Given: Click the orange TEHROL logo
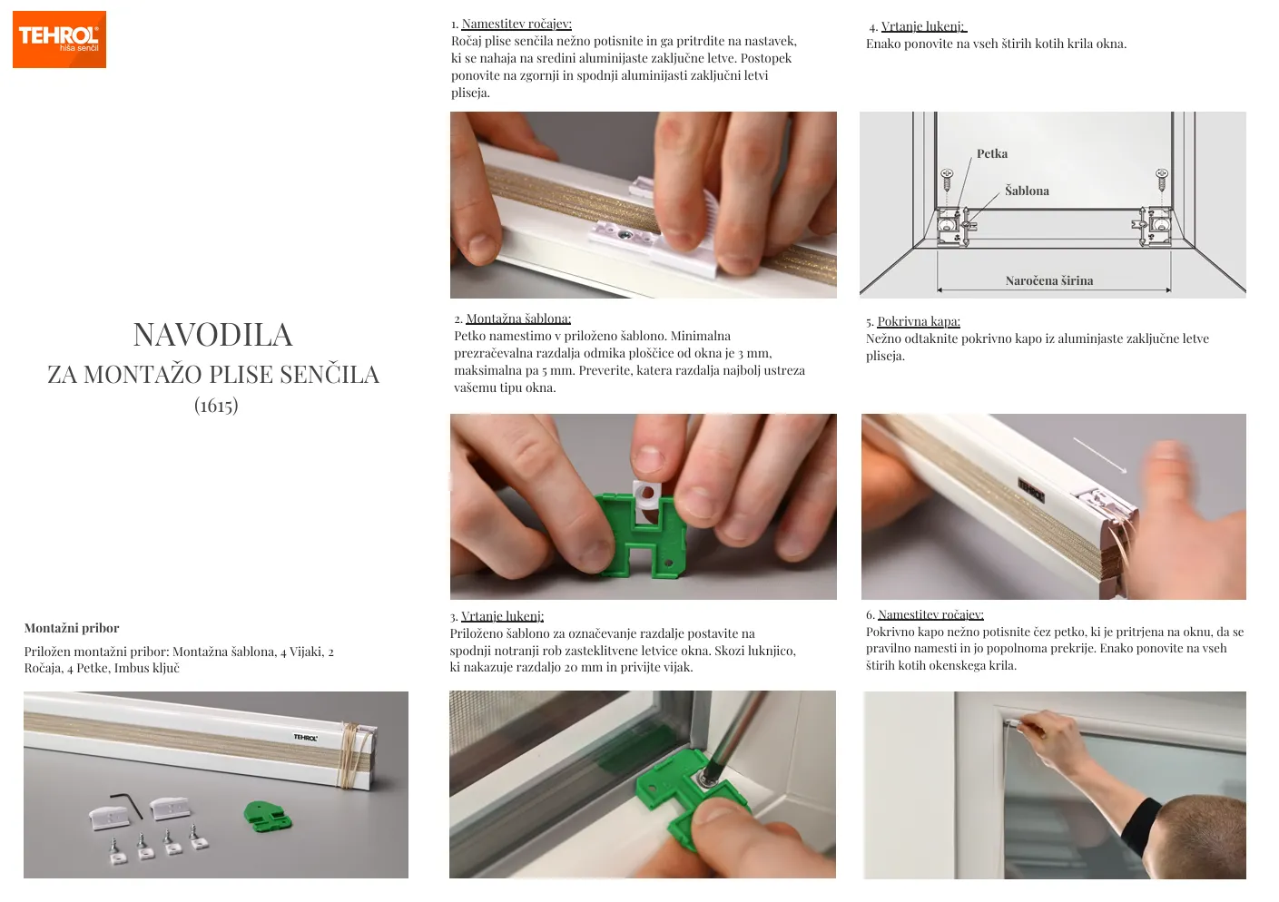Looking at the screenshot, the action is pyautogui.click(x=59, y=39).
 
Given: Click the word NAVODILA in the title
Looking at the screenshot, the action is pyautogui.click(x=213, y=335).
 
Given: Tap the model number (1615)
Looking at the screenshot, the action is pyautogui.click(x=216, y=406).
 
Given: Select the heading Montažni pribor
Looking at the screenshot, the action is pyautogui.click(x=72, y=628).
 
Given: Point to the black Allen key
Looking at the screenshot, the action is pyautogui.click(x=128, y=804).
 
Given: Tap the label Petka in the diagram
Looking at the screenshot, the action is pyautogui.click(x=992, y=153).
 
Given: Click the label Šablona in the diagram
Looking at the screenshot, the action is pyautogui.click(x=1027, y=191).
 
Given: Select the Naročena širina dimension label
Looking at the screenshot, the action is pyautogui.click(x=1049, y=281).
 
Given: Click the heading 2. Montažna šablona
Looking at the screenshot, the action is pyautogui.click(x=513, y=319).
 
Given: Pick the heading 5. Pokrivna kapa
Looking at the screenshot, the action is pyautogui.click(x=913, y=321).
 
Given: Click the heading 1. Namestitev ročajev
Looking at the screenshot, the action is pyautogui.click(x=511, y=24).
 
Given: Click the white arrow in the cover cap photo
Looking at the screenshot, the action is pyautogui.click(x=1099, y=455).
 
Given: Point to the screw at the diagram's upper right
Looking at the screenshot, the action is pyautogui.click(x=1161, y=180).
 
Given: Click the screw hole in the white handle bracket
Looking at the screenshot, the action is pyautogui.click(x=625, y=234).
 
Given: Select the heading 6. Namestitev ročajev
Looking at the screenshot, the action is pyautogui.click(x=924, y=614).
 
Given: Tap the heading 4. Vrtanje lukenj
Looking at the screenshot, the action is pyautogui.click(x=918, y=27).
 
